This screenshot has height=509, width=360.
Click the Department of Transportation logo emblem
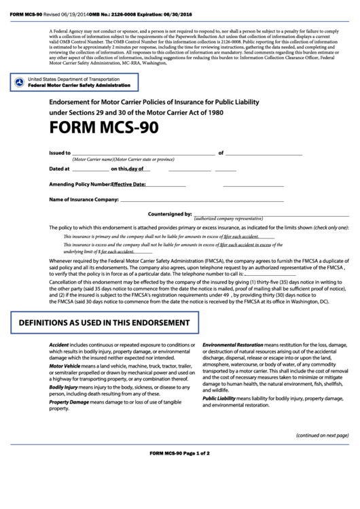tap(20, 83)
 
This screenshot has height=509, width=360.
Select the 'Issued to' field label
tap(60, 153)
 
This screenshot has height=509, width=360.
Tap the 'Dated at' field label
tap(59, 169)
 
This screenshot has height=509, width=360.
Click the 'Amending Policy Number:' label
tap(79, 184)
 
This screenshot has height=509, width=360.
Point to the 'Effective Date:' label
tap(128, 184)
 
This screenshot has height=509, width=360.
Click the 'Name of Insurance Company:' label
tap(84, 200)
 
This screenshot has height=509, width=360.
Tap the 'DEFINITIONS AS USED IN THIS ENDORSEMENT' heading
tap(104, 322)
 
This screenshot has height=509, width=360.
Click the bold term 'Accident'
tap(59, 345)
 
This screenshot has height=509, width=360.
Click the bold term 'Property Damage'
tap(69, 402)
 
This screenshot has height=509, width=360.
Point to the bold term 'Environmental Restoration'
tap(232, 345)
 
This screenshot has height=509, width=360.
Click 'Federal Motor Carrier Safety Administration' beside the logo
tap(84, 86)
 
